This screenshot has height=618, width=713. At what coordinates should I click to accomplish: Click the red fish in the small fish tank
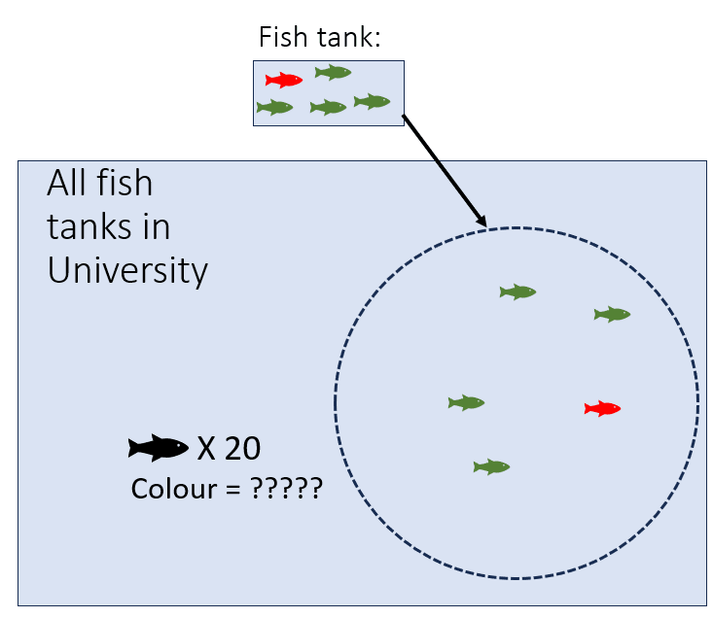(284, 80)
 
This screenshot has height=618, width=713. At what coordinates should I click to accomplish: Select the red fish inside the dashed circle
(602, 408)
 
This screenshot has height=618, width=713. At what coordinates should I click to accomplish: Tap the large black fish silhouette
(159, 448)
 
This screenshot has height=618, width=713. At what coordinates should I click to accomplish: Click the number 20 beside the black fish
(243, 449)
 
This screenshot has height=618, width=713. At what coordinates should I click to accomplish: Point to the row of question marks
(287, 488)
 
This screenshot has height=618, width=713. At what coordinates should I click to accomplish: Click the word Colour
(174, 489)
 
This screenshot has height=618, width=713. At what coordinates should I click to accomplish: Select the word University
(127, 271)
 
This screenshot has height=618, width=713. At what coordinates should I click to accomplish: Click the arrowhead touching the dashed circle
(482, 220)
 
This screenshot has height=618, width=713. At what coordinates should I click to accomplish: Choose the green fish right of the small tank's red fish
(334, 72)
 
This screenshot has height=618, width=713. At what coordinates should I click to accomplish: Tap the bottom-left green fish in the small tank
(274, 107)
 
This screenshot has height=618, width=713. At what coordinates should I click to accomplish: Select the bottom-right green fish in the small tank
(372, 101)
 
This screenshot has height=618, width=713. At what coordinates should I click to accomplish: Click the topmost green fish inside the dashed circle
(517, 292)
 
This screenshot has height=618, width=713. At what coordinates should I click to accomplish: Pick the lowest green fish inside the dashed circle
(491, 466)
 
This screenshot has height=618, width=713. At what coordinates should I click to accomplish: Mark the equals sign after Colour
(232, 490)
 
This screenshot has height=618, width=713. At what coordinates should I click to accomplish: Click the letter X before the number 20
(206, 449)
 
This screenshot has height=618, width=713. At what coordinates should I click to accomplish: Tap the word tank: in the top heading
(349, 37)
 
